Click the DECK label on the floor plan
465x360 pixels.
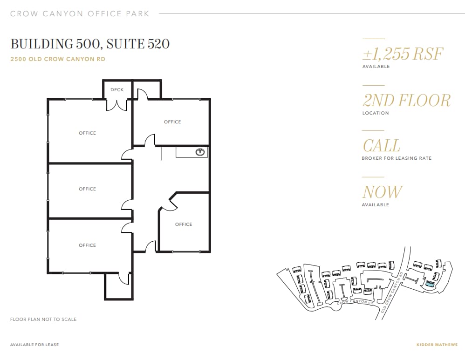pos(117,90)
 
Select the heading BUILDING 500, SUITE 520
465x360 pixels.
pos(90,44)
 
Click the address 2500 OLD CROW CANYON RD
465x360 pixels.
pos(58,59)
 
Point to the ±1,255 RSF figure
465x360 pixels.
pos(403,54)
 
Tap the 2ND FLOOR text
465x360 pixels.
pos(406,101)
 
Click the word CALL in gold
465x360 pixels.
pos(381,146)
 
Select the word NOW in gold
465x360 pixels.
pos(382,192)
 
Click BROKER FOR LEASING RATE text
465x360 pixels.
pos(397,158)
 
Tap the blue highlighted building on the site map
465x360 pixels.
pos(430,283)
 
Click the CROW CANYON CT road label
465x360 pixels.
pos(355,303)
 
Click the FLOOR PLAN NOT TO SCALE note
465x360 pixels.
pos(43,319)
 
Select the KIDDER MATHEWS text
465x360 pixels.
pos(437,345)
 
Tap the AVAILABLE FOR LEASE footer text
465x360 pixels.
pos(34,345)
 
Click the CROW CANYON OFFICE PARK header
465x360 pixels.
pos(80,14)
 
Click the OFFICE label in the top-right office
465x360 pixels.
pos(172,122)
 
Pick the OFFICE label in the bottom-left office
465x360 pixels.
pos(87,245)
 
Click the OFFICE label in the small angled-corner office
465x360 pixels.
pos(184,224)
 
